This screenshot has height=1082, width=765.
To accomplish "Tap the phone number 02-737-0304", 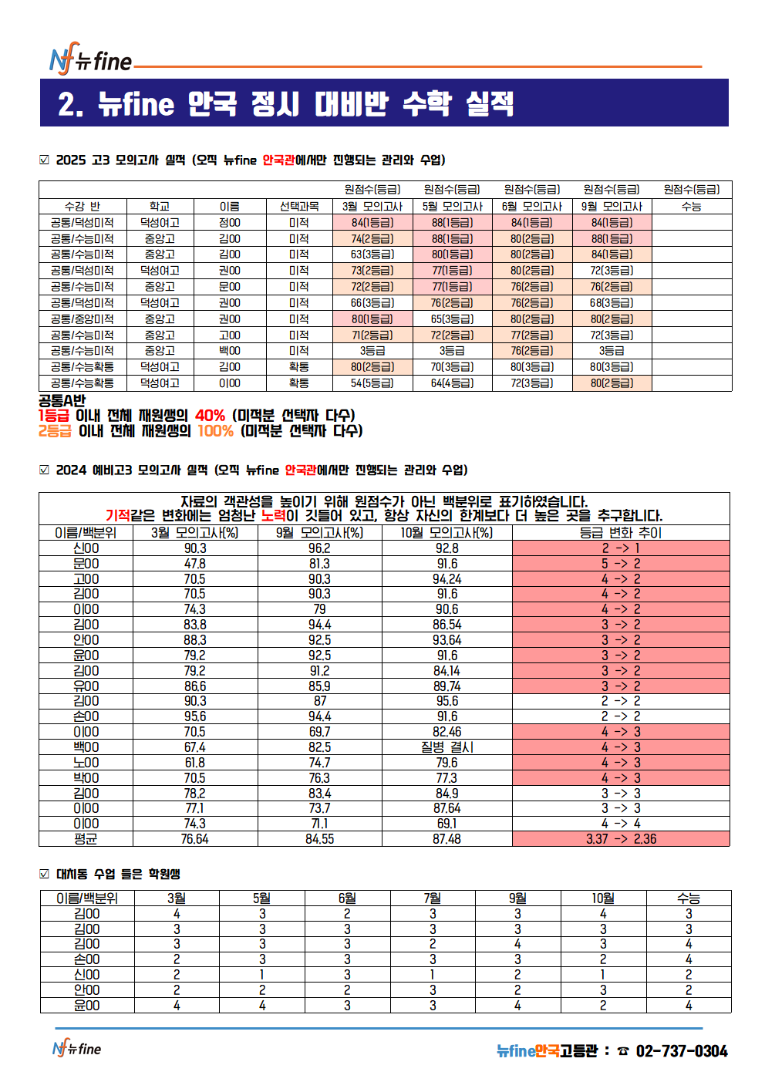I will [682, 1051].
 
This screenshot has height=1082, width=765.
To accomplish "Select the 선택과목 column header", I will [299, 207].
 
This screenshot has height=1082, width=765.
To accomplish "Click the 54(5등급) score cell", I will [372, 383].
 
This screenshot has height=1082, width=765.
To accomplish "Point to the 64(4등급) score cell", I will [452, 383].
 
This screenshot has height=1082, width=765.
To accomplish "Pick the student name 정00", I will [229, 223].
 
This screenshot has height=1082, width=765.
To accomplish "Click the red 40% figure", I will [210, 416].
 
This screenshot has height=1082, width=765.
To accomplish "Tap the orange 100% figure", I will [216, 431].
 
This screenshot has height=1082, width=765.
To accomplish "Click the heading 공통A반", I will [62, 401].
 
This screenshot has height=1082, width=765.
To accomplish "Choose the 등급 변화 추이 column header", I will [620, 533].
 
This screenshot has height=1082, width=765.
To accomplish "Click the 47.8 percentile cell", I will [195, 564].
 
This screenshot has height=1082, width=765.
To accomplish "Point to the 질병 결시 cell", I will [447, 747].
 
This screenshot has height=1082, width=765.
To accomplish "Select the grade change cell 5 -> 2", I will [621, 564].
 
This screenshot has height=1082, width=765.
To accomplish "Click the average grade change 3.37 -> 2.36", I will [621, 839].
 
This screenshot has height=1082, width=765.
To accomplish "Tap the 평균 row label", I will [86, 839].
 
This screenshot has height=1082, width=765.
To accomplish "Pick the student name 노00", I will [86, 763].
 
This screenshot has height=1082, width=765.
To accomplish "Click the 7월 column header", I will [433, 898].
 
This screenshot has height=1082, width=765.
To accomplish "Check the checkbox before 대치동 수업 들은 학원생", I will [44, 874].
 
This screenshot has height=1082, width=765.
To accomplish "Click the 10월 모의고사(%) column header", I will [447, 533].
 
